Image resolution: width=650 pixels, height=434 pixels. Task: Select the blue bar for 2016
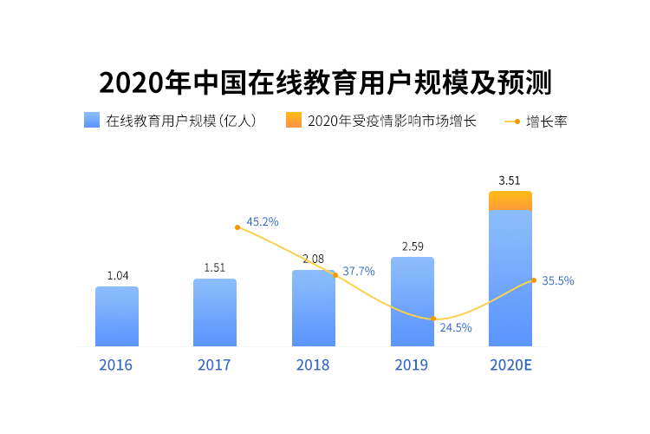click(117, 317)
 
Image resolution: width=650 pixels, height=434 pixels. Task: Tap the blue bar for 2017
click(215, 312)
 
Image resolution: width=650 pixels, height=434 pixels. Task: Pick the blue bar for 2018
click(313, 309)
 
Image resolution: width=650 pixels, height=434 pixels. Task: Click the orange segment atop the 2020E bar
click(510, 201)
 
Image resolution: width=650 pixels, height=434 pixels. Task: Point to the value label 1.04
click(118, 275)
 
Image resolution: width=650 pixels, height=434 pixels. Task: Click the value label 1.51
click(215, 267)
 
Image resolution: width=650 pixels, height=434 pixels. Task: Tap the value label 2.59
click(413, 247)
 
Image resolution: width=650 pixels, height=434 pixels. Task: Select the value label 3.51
click(510, 181)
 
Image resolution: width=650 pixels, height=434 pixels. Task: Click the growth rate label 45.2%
click(263, 222)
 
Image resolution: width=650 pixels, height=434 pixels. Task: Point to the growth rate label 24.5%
click(456, 327)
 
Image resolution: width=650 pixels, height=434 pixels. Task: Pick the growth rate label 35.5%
click(558, 280)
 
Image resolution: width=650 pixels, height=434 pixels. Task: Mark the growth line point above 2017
click(237, 227)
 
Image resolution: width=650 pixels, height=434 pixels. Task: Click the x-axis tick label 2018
click(313, 365)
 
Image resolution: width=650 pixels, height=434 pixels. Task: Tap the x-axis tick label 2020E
click(510, 365)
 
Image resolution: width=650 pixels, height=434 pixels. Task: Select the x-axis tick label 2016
click(116, 365)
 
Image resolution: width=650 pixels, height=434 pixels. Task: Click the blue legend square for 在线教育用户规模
click(92, 121)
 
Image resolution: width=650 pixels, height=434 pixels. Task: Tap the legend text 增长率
click(546, 122)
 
